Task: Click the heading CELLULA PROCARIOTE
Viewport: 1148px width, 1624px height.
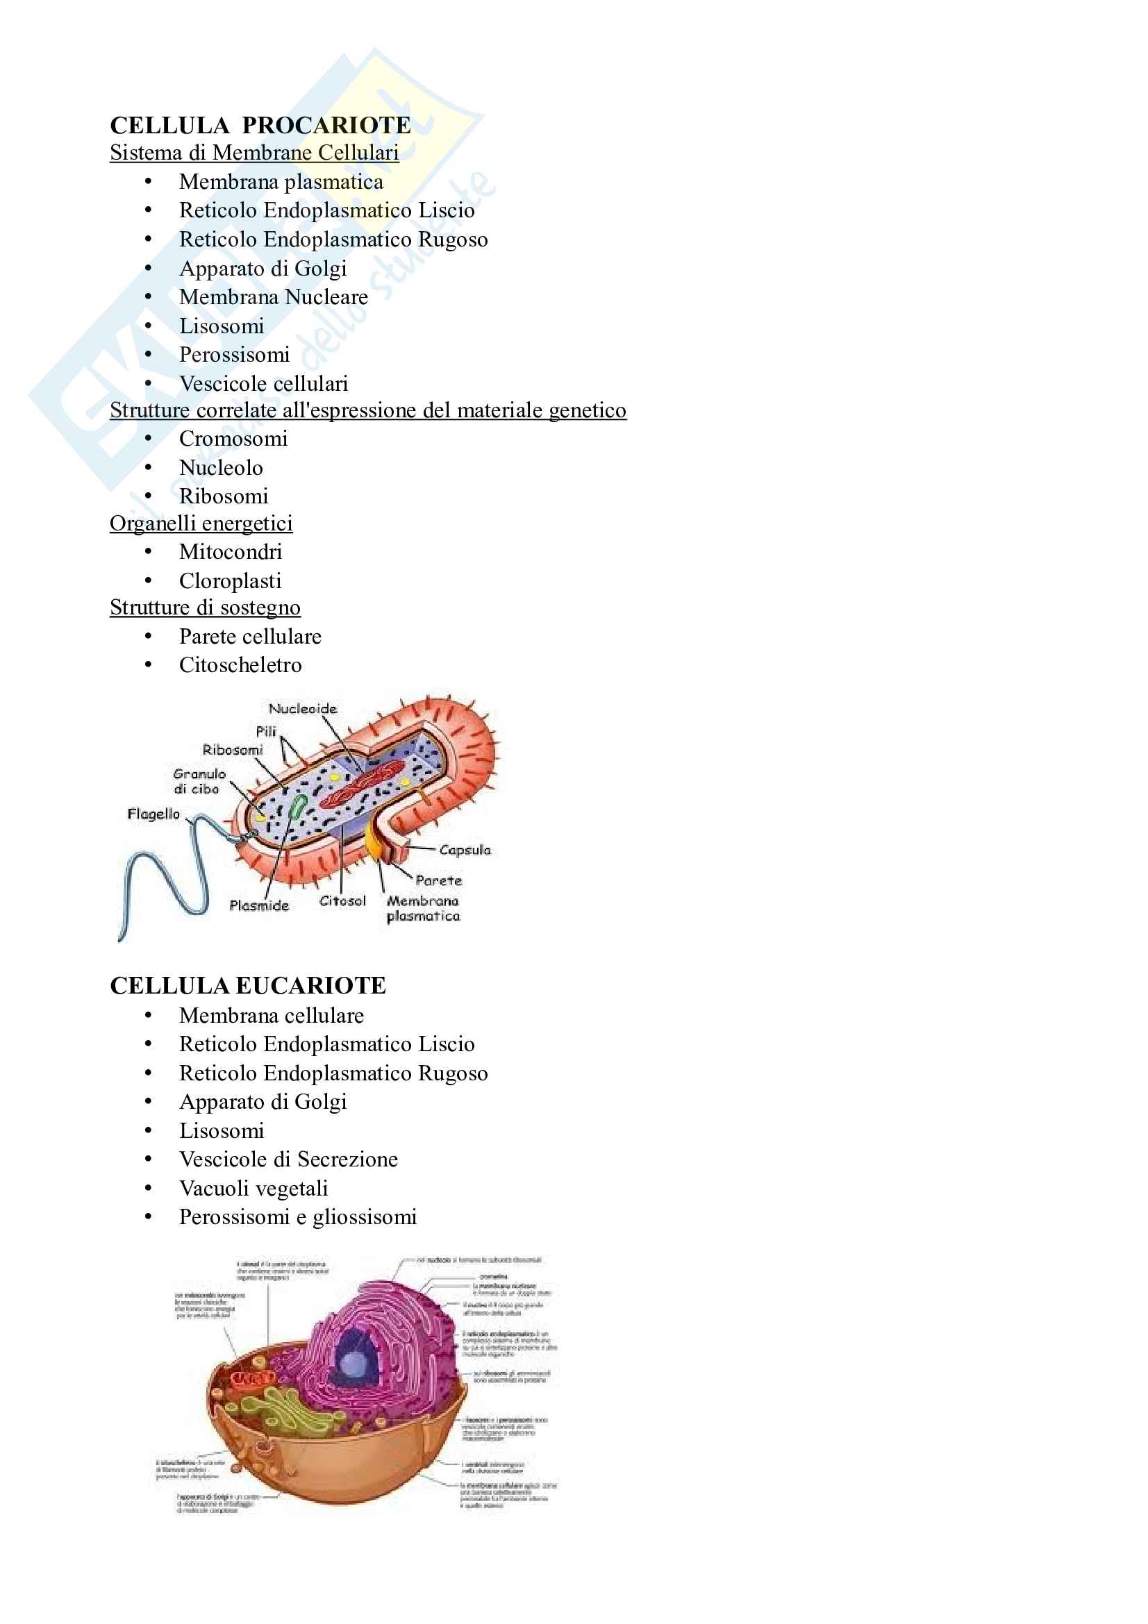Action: coord(260,125)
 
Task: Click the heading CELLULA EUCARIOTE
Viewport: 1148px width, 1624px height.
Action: coord(247,985)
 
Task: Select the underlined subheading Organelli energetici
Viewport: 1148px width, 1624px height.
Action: coord(201,524)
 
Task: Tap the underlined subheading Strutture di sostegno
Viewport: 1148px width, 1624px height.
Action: coord(205,608)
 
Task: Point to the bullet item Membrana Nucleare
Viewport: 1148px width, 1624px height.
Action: coord(273,297)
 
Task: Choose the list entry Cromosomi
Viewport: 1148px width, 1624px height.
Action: coord(233,439)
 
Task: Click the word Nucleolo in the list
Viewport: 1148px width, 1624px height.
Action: coord(221,467)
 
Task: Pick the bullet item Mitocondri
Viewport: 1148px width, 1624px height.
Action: coord(231,552)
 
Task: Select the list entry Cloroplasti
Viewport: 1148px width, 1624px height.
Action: coord(230,580)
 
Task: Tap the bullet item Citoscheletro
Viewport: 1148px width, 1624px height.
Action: coord(240,665)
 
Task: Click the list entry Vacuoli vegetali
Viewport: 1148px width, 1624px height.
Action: coord(253,1188)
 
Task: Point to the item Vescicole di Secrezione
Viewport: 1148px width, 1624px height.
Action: coord(288,1160)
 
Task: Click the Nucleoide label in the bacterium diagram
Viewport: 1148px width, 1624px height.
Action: coord(303,709)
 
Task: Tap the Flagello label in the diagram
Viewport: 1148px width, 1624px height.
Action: coord(153,814)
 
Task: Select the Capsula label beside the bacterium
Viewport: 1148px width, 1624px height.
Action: coord(464,849)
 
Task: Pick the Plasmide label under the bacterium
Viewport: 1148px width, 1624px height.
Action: coord(259,905)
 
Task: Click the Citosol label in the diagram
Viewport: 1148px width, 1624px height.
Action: coord(342,901)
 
